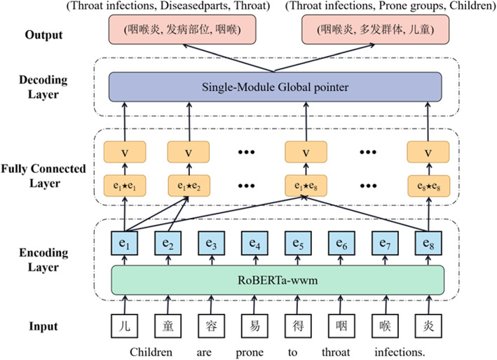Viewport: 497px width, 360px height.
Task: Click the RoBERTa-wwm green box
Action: [278, 280]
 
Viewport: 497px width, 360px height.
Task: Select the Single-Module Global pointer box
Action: [275, 87]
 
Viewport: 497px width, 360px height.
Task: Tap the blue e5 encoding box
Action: [298, 243]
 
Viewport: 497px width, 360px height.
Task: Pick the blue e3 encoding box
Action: [212, 243]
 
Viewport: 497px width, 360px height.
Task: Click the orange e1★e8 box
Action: [306, 186]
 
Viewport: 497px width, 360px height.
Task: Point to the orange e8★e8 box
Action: [428, 186]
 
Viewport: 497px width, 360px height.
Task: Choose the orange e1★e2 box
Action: [189, 186]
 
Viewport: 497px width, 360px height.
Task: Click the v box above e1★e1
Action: [125, 152]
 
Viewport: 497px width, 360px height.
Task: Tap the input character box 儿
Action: [125, 326]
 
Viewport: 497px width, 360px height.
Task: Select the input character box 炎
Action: [428, 326]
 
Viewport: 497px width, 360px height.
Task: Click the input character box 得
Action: [298, 326]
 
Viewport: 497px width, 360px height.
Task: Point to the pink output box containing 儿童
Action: [375, 29]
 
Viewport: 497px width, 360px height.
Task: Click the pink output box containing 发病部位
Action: [182, 29]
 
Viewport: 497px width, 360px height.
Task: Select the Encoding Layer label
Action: [43, 260]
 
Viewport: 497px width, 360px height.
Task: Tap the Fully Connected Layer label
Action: [43, 176]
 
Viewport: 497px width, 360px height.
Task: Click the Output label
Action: [43, 35]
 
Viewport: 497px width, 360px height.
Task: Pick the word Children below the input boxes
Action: [151, 352]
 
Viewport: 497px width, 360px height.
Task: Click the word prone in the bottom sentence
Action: [250, 353]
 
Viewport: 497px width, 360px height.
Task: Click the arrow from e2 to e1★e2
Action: [178, 214]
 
